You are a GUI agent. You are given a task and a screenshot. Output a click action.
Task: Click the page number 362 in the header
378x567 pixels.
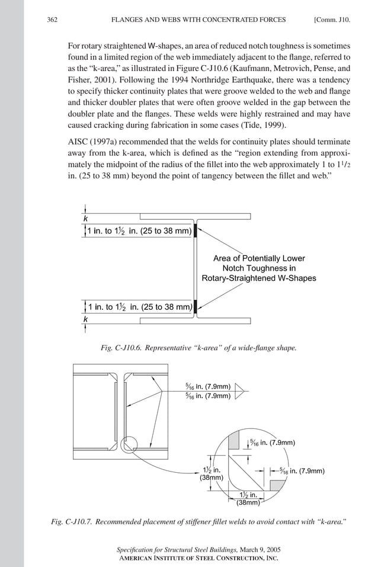52,20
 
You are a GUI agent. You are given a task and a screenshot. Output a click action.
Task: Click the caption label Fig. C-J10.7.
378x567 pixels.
72,522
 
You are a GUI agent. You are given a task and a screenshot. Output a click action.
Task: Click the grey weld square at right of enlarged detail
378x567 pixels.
276,485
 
